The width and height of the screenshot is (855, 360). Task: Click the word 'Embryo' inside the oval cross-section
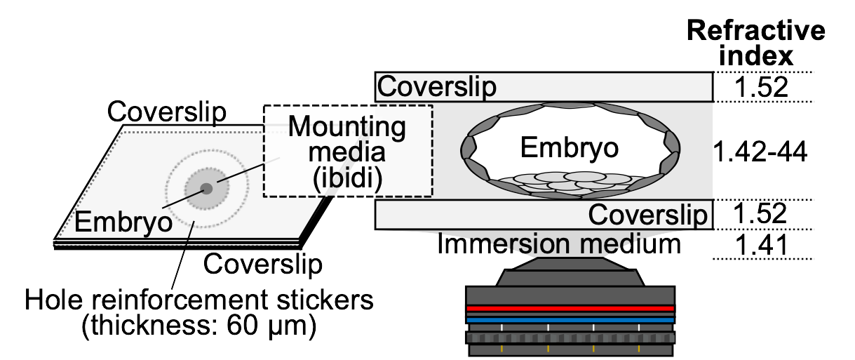click(569, 149)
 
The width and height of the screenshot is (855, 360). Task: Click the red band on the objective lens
click(570, 308)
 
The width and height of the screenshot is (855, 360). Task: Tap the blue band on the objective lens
click(570, 320)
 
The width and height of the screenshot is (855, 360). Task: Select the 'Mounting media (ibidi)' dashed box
click(347, 151)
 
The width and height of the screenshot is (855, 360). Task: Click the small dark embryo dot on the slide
click(206, 188)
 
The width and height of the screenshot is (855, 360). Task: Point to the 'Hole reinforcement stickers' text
click(198, 301)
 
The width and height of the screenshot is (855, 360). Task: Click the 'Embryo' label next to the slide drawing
click(123, 223)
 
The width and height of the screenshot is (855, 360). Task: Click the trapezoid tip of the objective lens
click(570, 272)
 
